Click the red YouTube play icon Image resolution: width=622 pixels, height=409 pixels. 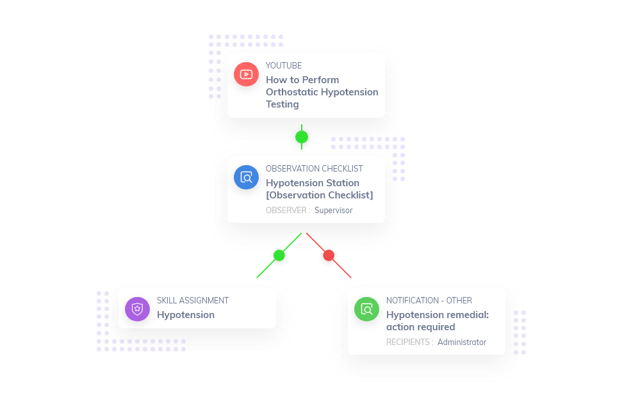click(246, 74)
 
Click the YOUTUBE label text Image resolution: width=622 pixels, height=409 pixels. click(284, 65)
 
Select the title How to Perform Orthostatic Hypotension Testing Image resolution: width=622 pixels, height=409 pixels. click(322, 92)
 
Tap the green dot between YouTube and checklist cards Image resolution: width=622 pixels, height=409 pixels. click(302, 137)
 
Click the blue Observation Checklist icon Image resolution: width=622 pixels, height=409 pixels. click(246, 177)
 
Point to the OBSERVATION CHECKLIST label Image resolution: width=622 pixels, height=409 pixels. click(314, 168)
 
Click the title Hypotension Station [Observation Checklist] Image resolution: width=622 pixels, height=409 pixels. click(319, 189)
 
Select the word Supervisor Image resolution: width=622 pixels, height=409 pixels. click(333, 210)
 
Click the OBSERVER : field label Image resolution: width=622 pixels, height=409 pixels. click(288, 210)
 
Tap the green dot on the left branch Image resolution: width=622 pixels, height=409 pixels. click(279, 255)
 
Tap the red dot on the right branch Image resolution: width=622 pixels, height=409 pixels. click(329, 255)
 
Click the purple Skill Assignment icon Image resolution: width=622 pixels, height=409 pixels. click(137, 309)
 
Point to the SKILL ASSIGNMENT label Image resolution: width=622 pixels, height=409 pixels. click(192, 300)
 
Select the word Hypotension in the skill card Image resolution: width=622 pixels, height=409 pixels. click(186, 315)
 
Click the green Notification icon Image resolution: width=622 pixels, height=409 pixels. click(366, 309)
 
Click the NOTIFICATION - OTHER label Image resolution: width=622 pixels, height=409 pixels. click(429, 300)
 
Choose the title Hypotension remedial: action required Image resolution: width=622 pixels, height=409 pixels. click(437, 321)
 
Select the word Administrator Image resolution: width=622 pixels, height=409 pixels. click(462, 342)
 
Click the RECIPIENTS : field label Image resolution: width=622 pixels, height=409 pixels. click(409, 342)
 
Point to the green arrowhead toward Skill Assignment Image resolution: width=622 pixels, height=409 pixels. click(258, 277)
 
